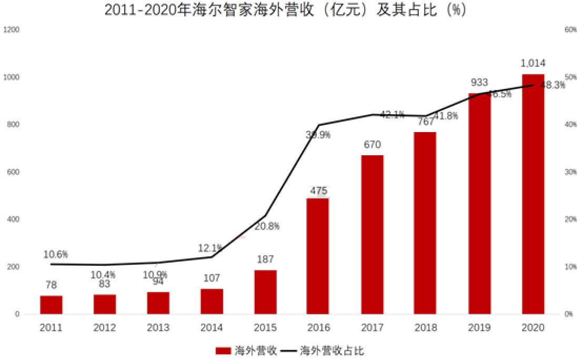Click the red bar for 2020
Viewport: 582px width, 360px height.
point(533,195)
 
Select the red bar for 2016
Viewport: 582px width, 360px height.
point(318,256)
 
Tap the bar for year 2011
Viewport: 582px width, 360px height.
point(51,305)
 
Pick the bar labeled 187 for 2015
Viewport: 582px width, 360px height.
point(265,292)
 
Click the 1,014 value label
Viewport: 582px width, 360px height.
point(533,64)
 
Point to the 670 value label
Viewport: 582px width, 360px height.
point(372,145)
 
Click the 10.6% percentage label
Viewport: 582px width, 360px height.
point(56,255)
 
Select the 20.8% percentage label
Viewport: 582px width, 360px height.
point(267,226)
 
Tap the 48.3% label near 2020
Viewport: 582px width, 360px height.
point(553,85)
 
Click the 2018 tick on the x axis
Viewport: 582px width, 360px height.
point(425,328)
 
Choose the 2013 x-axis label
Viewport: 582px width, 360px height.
point(158,328)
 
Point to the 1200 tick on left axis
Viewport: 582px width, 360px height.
point(11,30)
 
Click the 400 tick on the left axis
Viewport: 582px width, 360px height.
point(13,219)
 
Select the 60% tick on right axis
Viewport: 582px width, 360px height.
point(570,30)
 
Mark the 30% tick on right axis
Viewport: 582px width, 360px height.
point(570,172)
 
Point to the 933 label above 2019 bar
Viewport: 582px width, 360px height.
point(479,83)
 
